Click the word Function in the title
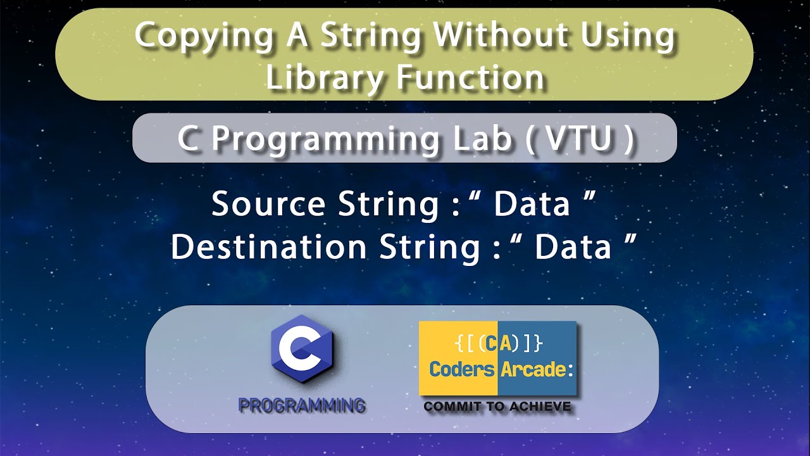click(470, 77)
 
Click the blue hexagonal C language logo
click(302, 350)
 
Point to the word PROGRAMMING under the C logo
click(301, 405)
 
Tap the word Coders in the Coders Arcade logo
click(461, 369)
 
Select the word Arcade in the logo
click(533, 369)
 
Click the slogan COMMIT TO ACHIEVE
click(497, 406)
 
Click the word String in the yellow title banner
click(370, 36)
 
